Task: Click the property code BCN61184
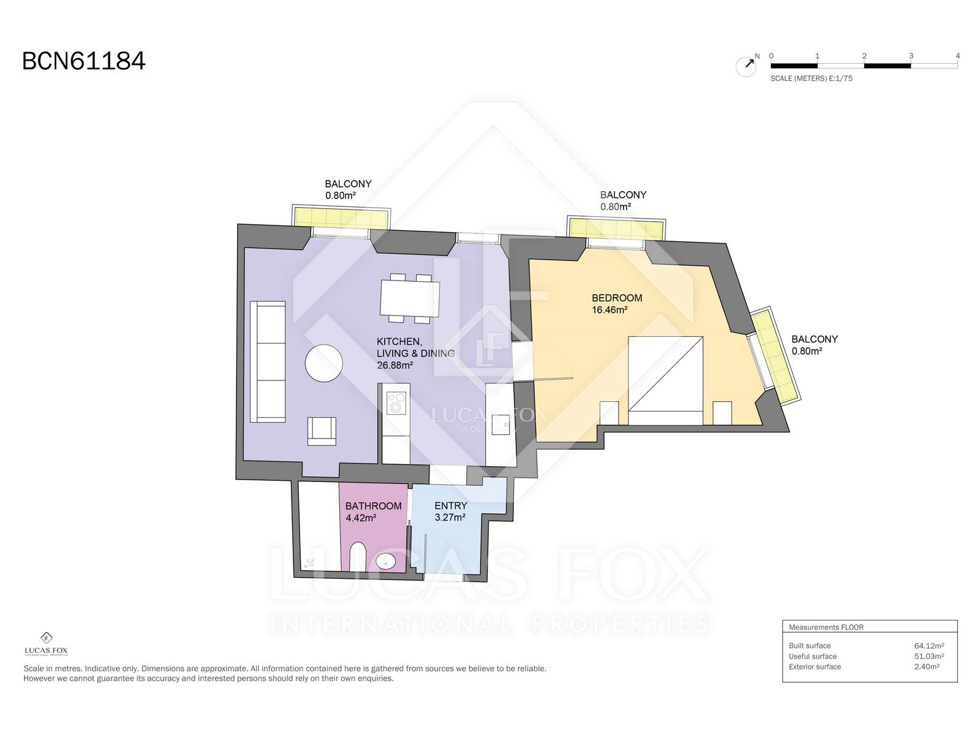tap(83, 61)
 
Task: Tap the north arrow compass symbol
tap(746, 66)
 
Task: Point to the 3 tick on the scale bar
tap(911, 56)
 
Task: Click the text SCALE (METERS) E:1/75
tap(811, 78)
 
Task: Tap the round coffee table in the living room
tap(323, 363)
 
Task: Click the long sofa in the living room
tap(268, 361)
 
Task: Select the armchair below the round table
tap(322, 431)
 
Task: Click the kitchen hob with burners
tap(396, 403)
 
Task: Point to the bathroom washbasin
tap(386, 562)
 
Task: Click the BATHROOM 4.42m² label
tap(373, 512)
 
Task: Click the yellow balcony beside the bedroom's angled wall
tap(775, 356)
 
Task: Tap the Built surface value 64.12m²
tap(929, 646)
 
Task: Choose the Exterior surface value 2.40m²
tap(927, 667)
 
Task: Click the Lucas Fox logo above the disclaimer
tap(46, 644)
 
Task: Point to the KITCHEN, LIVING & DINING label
tap(415, 353)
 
